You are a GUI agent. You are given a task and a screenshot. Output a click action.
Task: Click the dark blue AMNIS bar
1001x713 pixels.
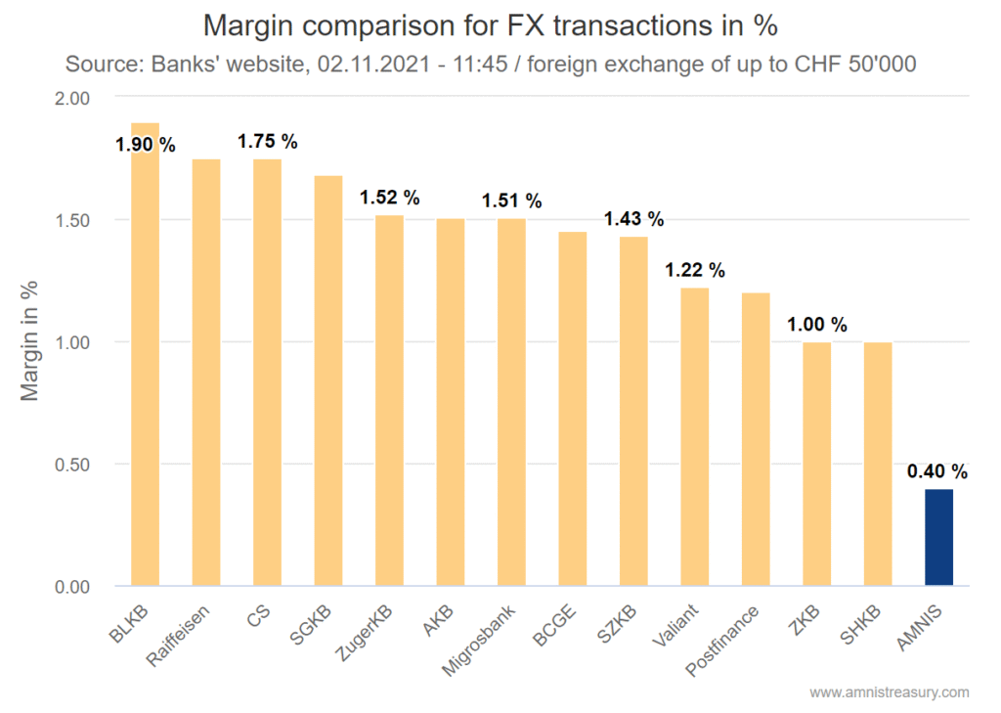(938, 537)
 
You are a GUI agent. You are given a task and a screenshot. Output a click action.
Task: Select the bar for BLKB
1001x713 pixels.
(145, 372)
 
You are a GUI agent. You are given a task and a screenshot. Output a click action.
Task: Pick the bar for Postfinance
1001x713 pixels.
(756, 439)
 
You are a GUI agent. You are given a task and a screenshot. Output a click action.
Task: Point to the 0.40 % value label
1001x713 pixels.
(937, 471)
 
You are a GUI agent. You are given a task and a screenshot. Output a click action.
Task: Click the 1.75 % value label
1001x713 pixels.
(267, 142)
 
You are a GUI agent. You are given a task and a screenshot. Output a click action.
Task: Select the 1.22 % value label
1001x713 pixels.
(695, 270)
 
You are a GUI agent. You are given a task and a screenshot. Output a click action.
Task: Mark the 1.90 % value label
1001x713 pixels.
(145, 145)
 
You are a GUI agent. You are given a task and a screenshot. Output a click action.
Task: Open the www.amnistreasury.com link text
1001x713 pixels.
(889, 692)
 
